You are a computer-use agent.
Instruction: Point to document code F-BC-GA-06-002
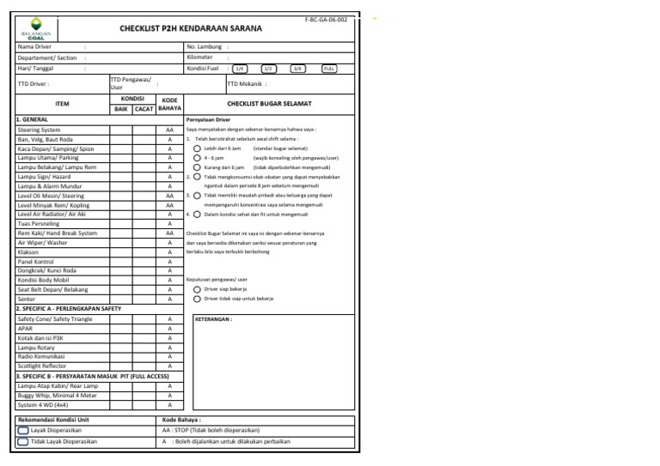326,18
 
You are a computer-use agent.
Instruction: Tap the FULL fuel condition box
329,68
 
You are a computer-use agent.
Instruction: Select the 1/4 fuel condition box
241,68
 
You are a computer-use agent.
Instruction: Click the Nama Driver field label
34,46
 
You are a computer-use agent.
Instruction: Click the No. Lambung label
204,46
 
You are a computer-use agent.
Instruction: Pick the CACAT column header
144,109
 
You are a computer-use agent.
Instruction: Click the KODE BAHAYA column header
169,104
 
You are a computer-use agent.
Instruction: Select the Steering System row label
40,130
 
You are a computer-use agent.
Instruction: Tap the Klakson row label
29,251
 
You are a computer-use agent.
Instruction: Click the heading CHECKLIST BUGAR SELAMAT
269,104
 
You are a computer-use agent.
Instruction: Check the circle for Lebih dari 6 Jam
198,148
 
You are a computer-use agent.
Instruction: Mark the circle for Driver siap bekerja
198,290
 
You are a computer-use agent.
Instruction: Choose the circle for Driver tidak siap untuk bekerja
198,300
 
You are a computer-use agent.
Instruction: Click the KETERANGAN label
214,318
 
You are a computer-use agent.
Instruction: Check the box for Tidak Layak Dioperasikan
23,441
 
